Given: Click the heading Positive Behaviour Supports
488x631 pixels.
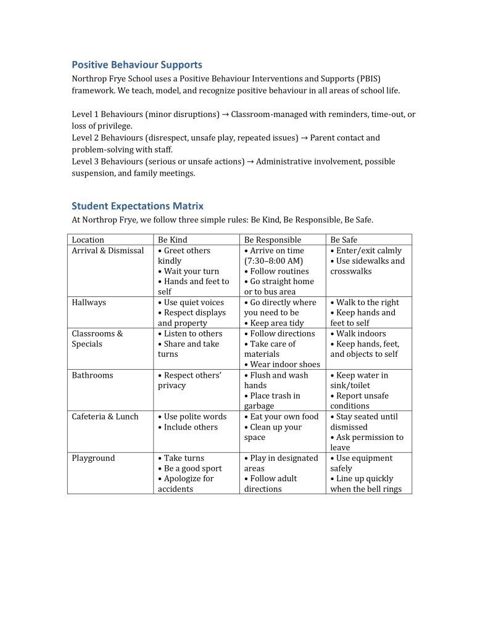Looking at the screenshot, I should (136, 65).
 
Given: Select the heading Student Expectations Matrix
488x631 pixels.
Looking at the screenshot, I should (137, 206).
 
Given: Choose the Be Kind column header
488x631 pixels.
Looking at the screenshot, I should (173, 240).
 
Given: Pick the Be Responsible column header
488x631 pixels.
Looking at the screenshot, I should (273, 240).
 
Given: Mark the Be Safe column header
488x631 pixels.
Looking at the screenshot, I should (344, 240).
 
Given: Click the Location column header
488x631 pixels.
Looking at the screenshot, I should (88, 240).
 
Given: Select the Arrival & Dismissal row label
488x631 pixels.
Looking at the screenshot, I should (107, 251).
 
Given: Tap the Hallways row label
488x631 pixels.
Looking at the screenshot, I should (89, 303).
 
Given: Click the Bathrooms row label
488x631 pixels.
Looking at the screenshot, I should (93, 375).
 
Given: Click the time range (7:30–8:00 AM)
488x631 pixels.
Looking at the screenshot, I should (273, 261).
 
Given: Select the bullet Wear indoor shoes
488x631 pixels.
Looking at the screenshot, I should (282, 365).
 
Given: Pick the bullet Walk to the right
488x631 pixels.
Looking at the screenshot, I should (365, 303).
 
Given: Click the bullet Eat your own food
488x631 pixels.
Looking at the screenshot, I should (281, 417).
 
